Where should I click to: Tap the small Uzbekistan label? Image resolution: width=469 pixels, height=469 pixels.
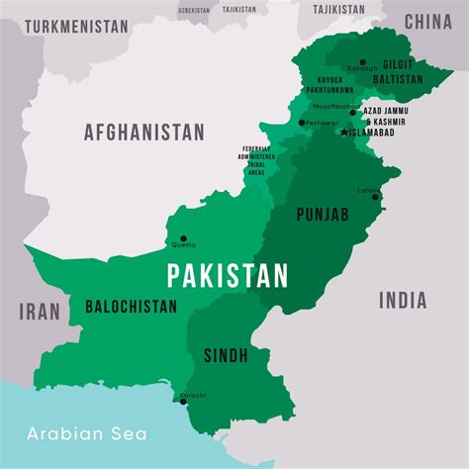tap(194, 10)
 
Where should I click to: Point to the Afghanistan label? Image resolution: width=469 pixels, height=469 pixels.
tap(144, 132)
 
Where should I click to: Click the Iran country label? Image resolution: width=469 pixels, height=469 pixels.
tap(39, 312)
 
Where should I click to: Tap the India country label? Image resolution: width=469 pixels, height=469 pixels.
tap(402, 301)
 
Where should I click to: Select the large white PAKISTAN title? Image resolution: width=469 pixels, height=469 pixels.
tap(228, 275)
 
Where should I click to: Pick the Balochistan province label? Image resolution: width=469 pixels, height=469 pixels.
tap(132, 306)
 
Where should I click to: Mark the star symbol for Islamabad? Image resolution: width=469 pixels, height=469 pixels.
tap(344, 132)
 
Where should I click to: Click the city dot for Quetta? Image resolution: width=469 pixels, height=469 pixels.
tap(183, 238)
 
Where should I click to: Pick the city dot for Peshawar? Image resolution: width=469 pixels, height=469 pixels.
tap(302, 123)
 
